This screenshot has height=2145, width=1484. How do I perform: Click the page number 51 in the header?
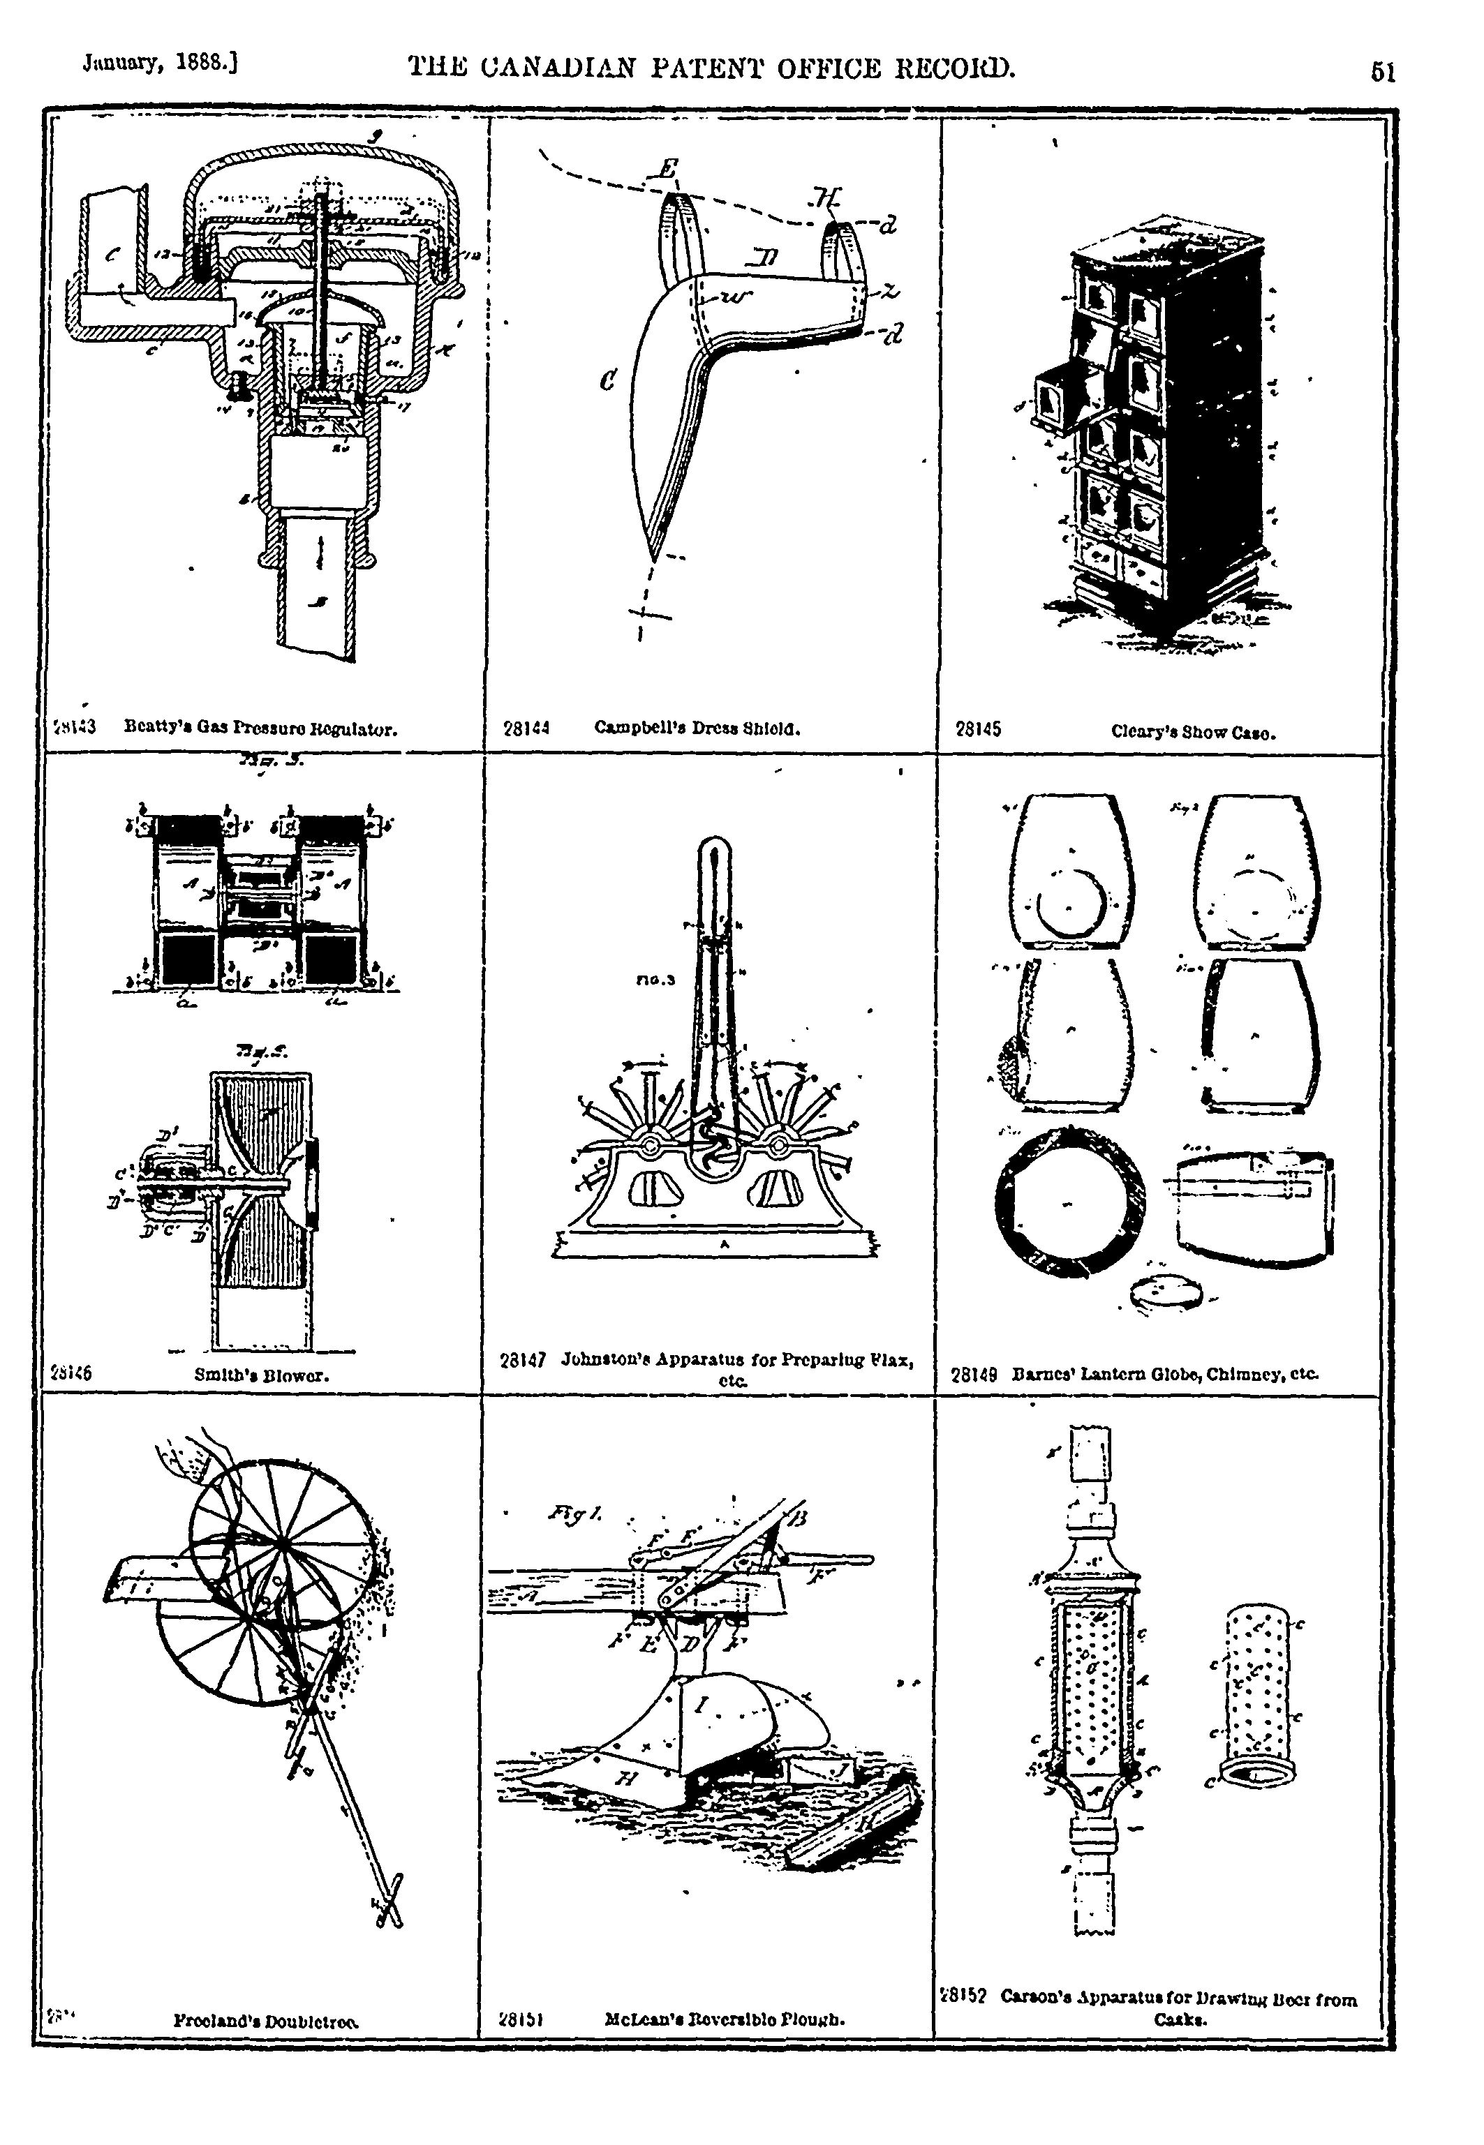[x=1383, y=72]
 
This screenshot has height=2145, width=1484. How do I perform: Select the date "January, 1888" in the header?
[x=162, y=65]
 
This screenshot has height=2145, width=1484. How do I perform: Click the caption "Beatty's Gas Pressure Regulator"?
[x=261, y=730]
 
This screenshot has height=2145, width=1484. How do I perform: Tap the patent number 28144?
[x=526, y=730]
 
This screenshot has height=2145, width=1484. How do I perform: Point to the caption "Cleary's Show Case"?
[x=1193, y=731]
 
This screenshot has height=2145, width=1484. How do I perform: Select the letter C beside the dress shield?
[x=607, y=379]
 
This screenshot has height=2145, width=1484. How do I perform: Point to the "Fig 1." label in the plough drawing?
[x=576, y=1515]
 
